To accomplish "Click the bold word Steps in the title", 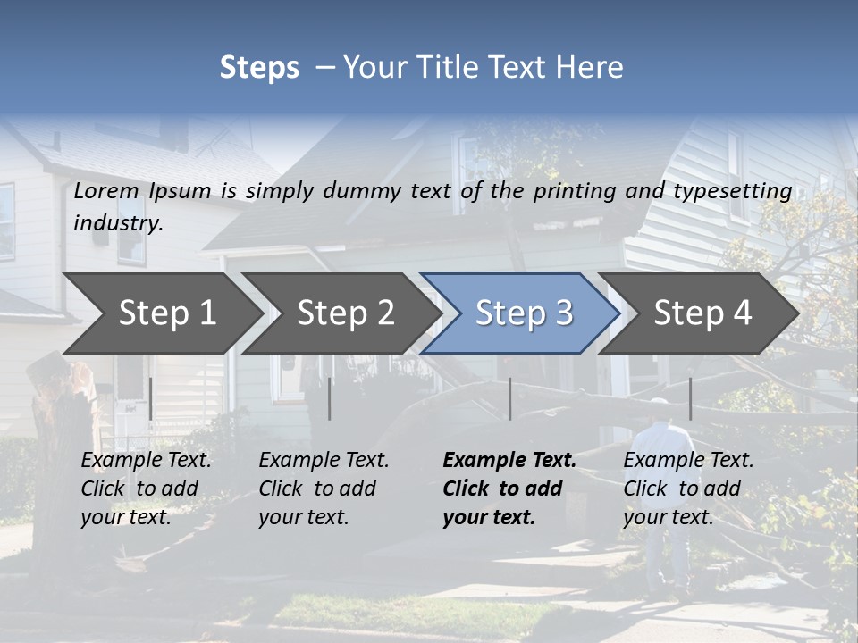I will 259,68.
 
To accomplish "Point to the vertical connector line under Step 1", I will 151,398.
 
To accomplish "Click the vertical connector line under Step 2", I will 330,398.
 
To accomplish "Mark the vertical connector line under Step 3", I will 509,398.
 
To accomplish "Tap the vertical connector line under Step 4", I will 690,398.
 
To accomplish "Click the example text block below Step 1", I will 146,489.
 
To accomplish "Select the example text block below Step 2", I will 324,489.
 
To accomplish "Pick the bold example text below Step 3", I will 509,489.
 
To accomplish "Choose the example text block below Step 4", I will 688,489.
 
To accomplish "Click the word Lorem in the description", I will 106,191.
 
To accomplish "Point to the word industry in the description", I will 117,223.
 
